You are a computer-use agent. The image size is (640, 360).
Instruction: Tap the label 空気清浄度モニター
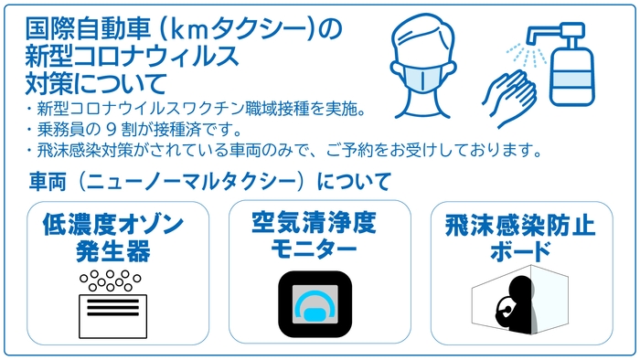coord(314,234)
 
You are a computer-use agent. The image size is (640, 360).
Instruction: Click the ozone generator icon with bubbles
coord(113,302)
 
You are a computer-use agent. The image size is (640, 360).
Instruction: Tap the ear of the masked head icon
coord(452,65)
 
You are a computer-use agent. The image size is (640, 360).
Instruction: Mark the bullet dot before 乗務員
coord(30,130)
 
